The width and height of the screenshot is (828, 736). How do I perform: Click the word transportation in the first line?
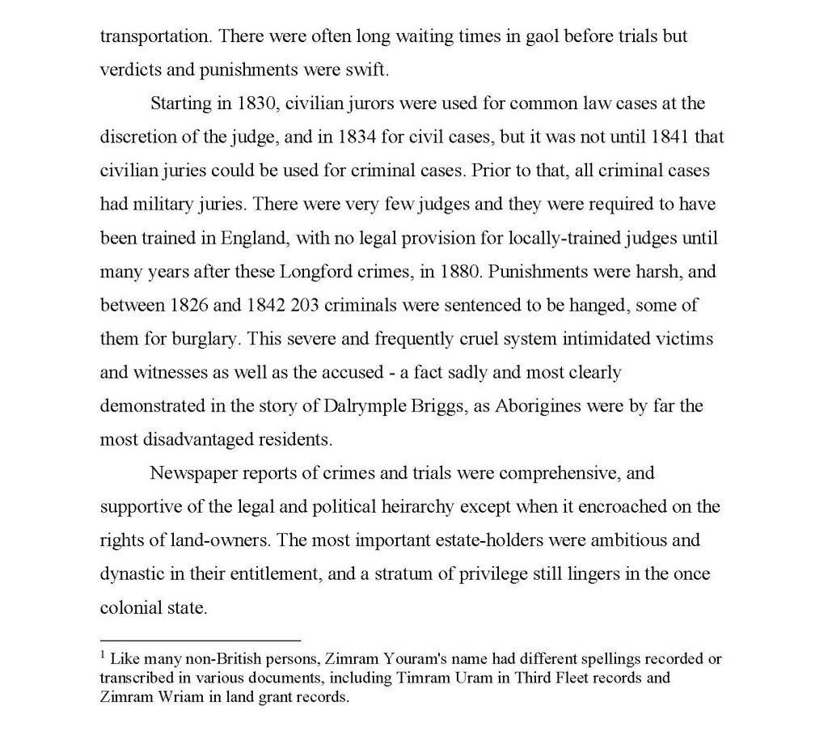coord(155,37)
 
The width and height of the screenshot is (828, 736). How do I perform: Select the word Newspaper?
coord(193,473)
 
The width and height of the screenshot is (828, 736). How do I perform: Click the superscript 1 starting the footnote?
coord(103,655)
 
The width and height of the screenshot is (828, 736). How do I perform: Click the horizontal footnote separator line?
coord(200,638)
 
